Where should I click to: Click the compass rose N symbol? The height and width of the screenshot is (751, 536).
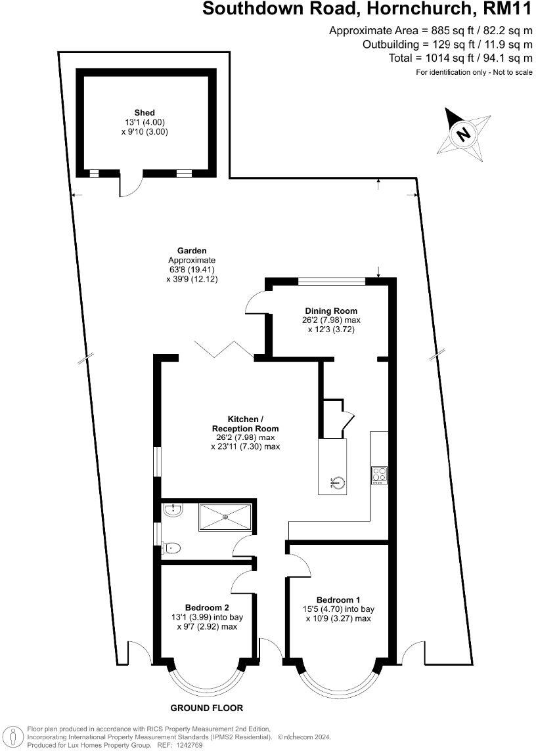tap(464, 133)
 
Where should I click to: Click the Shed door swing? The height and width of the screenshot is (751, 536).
tap(129, 186)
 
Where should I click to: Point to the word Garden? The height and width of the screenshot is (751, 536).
tap(192, 250)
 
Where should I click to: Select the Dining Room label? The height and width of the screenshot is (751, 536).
tap(331, 311)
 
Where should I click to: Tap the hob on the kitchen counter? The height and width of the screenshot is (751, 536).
tap(378, 475)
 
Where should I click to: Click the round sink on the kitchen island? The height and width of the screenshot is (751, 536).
tap(337, 484)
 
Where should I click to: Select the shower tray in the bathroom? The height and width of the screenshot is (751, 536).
tap(225, 515)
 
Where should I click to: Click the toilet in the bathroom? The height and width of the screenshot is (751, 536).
tap(172, 547)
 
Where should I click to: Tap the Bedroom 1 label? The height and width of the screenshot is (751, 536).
tap(338, 599)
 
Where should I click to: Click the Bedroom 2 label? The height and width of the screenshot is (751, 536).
tap(207, 607)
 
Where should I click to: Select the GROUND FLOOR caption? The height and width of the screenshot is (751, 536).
tap(207, 708)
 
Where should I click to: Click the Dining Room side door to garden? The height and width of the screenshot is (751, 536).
tap(256, 303)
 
